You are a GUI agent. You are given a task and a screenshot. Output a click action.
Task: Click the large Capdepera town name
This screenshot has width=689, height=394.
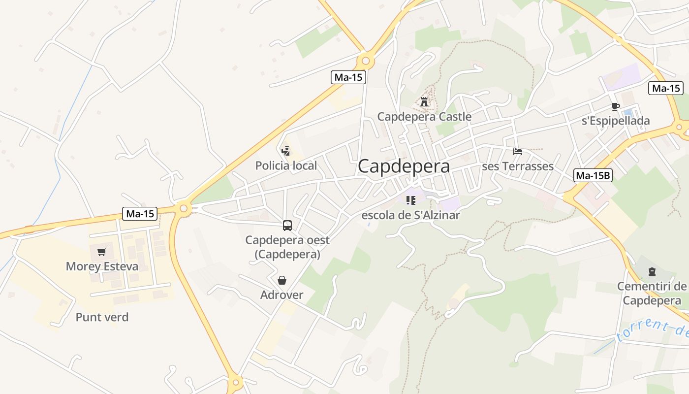coord(404,166)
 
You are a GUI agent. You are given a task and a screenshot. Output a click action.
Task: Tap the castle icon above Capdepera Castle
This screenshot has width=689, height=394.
coord(424,102)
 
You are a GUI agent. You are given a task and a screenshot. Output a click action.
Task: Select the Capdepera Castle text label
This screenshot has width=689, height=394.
coord(424,117)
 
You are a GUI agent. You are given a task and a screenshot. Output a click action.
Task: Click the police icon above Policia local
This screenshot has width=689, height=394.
coord(285,151)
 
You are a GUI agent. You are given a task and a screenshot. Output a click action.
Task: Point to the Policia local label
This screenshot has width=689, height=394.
coord(286,165)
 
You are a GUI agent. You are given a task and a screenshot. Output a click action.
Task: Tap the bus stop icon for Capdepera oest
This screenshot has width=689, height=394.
coord(287,226)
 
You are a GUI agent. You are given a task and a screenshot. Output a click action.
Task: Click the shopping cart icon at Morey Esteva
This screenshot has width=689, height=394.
coord(102,252)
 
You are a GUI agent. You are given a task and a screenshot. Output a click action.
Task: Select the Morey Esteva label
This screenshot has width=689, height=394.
coord(102,266)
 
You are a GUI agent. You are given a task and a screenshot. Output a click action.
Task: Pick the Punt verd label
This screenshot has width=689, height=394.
coord(102,317)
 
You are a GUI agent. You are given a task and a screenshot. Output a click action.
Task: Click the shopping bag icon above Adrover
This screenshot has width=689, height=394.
coord(282,280)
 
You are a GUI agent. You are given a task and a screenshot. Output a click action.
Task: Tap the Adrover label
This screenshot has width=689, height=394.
coord(282,295)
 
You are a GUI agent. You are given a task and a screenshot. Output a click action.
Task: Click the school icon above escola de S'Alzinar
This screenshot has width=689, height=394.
coord(411,200)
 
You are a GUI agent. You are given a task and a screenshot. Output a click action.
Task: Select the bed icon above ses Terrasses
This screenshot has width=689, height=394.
coord(518,152)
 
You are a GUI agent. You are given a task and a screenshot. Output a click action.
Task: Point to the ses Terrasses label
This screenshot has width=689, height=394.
coord(518,166)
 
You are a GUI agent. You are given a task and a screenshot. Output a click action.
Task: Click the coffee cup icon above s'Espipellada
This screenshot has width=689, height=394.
coord(615,106)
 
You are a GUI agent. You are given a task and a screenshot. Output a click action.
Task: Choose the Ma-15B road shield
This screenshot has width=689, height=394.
coord(593,175)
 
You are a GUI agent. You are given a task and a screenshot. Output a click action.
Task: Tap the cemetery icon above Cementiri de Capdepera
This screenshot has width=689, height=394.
coord(652,271)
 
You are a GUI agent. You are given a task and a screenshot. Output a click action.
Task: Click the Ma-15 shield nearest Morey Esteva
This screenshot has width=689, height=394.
coord(140,214)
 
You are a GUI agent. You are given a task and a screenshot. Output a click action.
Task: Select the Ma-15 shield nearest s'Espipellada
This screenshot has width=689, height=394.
coord(666,88)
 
